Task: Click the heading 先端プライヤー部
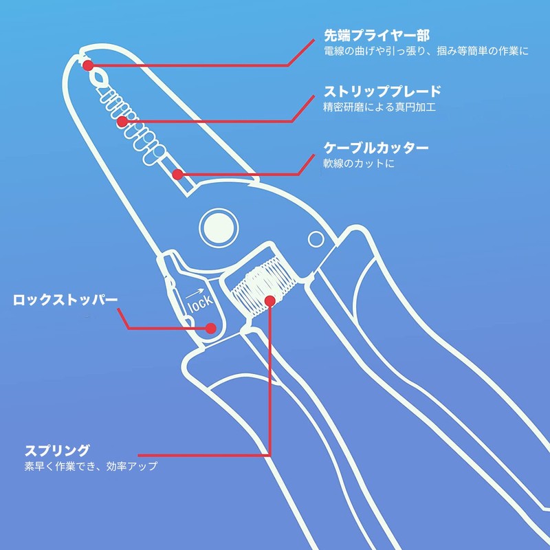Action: tap(377, 35)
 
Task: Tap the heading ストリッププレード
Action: tap(382, 91)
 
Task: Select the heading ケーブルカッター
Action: tap(376, 148)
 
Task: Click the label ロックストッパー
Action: tap(65, 300)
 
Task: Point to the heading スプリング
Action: tap(57, 450)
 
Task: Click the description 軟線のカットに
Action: tap(359, 164)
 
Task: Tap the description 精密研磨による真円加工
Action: tap(379, 107)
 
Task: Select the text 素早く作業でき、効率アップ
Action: tap(91, 466)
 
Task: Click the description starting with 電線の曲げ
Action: tap(426, 51)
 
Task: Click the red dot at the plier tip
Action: tap(88, 65)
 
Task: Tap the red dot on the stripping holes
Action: tap(122, 122)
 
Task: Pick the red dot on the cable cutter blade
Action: tap(178, 175)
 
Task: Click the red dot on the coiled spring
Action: tap(270, 301)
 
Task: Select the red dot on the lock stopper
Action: tap(210, 329)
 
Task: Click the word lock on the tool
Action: tap(201, 303)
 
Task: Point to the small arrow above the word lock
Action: tap(195, 294)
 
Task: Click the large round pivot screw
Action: tap(219, 228)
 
